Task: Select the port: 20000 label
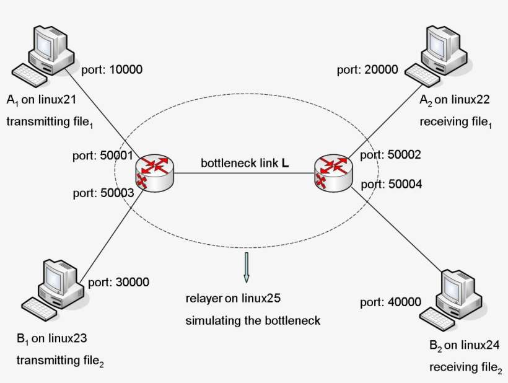coord(367,69)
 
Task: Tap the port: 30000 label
coord(119,283)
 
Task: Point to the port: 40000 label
coord(390,302)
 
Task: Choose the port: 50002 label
coord(390,156)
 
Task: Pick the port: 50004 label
coord(390,183)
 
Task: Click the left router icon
coord(153,172)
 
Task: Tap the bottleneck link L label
coord(245,164)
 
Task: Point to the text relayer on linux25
coord(234,299)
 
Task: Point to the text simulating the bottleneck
coord(252,320)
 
